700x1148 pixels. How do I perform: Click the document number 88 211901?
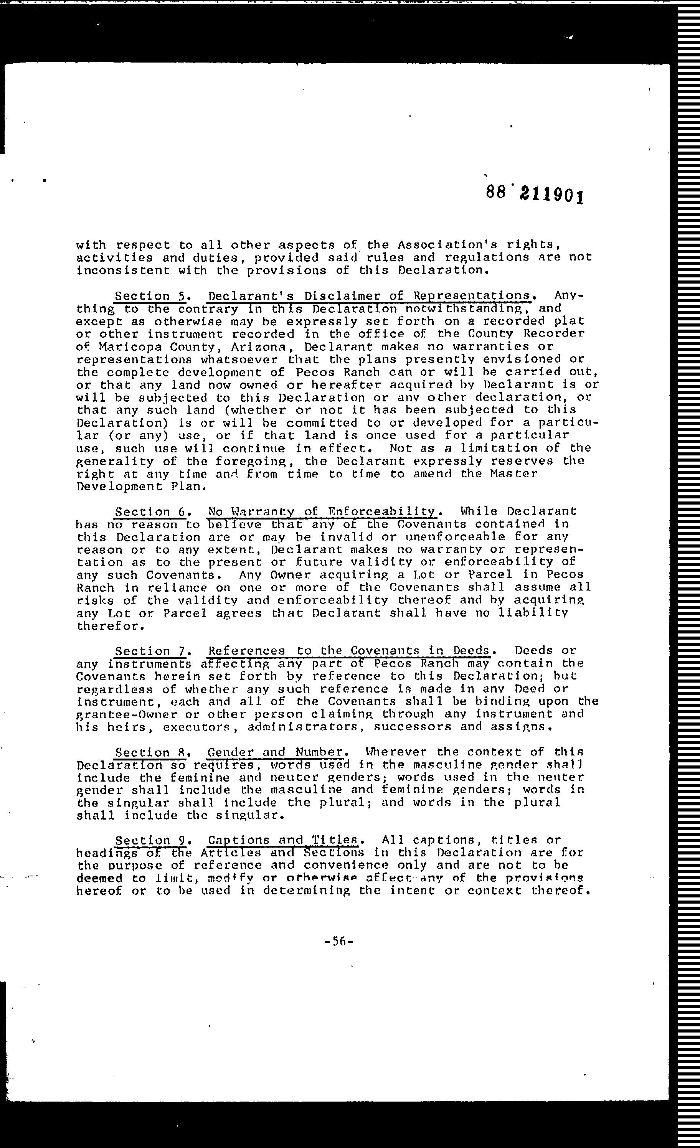tap(534, 194)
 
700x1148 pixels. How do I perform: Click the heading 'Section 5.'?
tap(150, 296)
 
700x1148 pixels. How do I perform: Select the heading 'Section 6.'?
tap(150, 512)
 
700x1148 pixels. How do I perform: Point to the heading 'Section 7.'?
tap(150, 651)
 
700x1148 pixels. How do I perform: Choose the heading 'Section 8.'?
tap(150, 752)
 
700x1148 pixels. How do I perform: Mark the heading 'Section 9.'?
tap(150, 841)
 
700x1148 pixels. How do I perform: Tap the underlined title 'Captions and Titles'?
tap(283, 841)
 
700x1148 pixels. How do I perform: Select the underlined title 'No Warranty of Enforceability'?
tap(322, 512)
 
